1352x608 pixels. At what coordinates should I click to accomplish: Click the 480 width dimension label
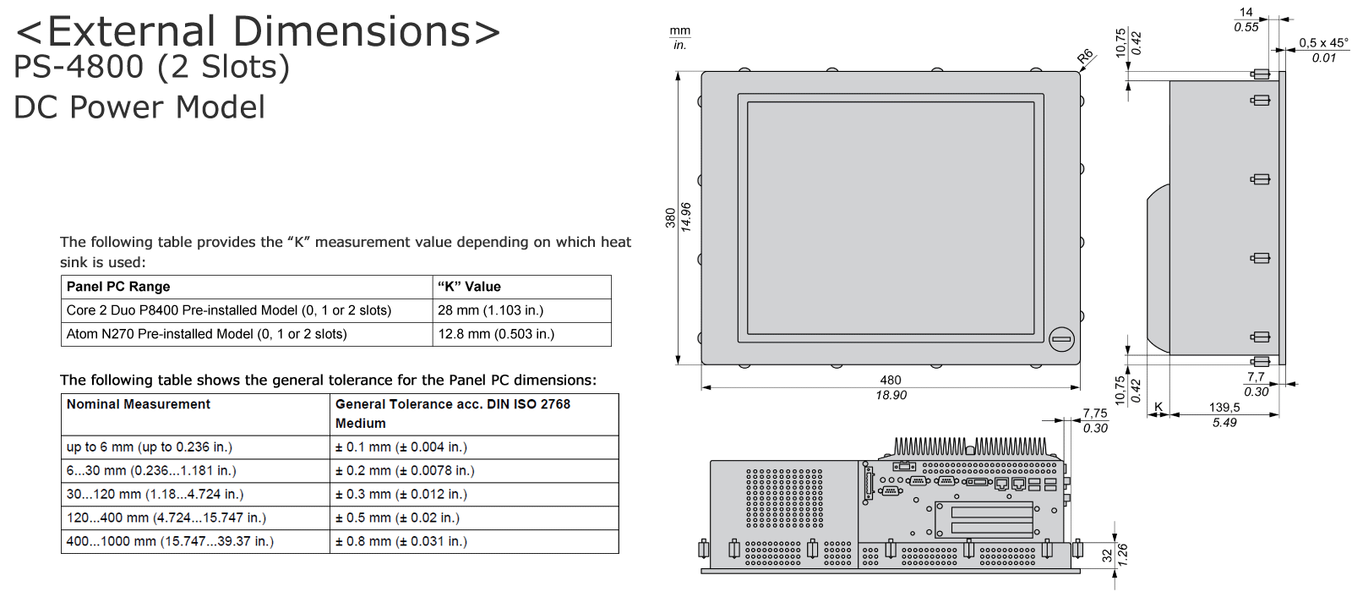pos(891,381)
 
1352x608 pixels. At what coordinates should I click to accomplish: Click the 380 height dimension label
pos(670,217)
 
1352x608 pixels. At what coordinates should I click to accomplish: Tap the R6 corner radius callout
pos(1085,58)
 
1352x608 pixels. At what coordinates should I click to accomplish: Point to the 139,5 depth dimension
pos(1224,408)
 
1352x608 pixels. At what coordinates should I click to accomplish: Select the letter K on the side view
pos(1158,408)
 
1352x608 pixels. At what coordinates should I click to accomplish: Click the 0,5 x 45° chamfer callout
pos(1323,43)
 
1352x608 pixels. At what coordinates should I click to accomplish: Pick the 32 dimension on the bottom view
pos(1107,555)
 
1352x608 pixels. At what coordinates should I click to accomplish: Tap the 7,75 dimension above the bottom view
pos(1095,414)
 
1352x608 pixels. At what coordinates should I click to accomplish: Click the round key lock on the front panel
pos(1061,339)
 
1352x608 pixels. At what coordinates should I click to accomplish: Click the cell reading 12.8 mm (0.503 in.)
pos(496,334)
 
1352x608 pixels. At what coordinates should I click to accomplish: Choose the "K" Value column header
pos(469,287)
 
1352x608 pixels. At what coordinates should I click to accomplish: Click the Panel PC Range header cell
pos(118,287)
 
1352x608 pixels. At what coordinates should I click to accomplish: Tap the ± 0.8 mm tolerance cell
pos(401,541)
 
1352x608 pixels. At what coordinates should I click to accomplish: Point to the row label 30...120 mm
pos(150,494)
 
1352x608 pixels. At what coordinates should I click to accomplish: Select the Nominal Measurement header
pos(139,404)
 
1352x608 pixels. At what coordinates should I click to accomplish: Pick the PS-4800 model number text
pos(79,68)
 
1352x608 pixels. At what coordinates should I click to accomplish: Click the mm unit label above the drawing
pos(680,30)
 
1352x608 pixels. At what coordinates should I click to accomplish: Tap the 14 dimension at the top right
pos(1246,12)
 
